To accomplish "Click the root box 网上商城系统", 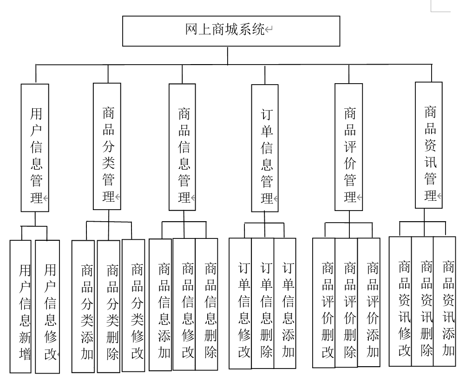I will pos(230,31).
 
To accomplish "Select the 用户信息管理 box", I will pos(35,148).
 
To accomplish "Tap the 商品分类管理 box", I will pos(107,146).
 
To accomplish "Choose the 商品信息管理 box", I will pos(182,147).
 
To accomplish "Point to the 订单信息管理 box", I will pos(265,148).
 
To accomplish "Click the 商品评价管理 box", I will pos(348,147).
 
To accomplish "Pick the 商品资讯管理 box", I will pos(428,145).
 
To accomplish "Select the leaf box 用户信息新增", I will pos(21,307).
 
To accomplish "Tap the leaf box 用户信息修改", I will pos(47,307).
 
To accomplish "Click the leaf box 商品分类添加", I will pos(83,306).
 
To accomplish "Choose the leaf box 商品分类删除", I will pos(109,306).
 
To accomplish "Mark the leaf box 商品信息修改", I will pos(184,304).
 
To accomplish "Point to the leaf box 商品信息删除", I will pos(206,304).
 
